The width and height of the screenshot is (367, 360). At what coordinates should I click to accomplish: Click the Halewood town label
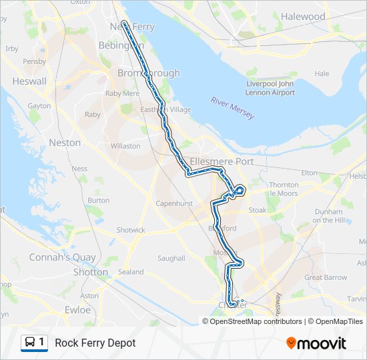click(x=303, y=17)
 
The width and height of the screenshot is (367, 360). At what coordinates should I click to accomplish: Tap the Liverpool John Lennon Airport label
click(x=270, y=88)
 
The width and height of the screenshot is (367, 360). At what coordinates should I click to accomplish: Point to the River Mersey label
click(x=232, y=108)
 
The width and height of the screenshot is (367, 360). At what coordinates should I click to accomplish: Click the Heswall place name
click(x=29, y=81)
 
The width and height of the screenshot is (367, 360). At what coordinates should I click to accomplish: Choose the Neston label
click(x=65, y=143)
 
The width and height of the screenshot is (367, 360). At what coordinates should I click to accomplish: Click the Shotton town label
click(x=91, y=272)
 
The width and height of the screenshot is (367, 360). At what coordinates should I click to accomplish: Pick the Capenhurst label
click(x=173, y=203)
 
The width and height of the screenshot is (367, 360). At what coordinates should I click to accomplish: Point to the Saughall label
click(x=171, y=258)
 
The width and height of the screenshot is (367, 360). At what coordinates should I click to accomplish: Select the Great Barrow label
click(x=326, y=277)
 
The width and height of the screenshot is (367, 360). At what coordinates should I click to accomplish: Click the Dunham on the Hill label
click(x=328, y=216)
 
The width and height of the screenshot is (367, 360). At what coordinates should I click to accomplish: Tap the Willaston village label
click(x=125, y=146)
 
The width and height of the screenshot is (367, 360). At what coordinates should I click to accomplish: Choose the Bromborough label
click(x=149, y=73)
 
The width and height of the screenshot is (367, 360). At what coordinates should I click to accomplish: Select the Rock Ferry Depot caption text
click(x=95, y=343)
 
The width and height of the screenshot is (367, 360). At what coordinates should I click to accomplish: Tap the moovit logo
click(x=316, y=343)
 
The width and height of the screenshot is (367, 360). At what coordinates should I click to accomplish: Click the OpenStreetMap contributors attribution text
click(x=256, y=321)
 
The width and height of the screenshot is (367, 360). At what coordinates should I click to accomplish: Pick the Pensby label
click(x=34, y=61)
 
